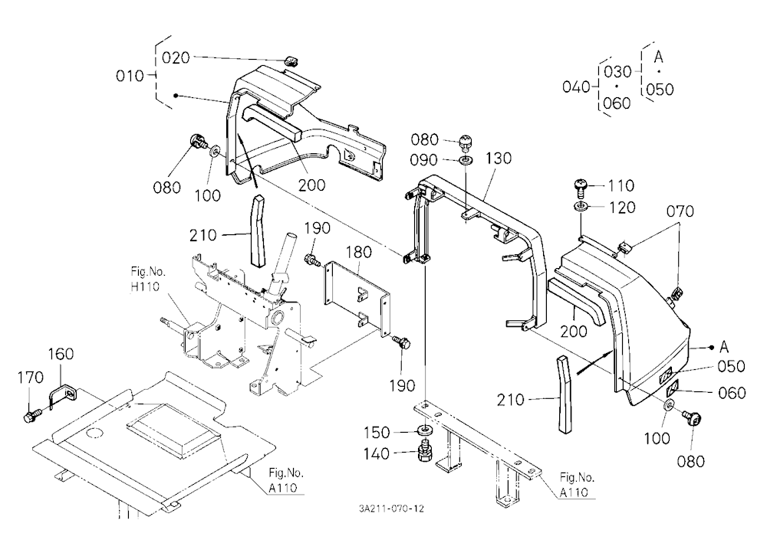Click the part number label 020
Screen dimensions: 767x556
pyautogui.click(x=176, y=57)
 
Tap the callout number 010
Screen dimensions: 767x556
pyautogui.click(x=130, y=76)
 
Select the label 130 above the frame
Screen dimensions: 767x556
pyautogui.click(x=499, y=159)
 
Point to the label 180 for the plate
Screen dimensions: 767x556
pyautogui.click(x=358, y=252)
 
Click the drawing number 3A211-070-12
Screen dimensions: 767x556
pyautogui.click(x=391, y=509)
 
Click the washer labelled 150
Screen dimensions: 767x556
pyautogui.click(x=423, y=431)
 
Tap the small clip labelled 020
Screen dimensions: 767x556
pyautogui.click(x=291, y=61)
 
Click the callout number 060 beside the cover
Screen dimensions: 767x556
pyautogui.click(x=732, y=393)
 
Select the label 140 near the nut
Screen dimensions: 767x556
pyautogui.click(x=376, y=454)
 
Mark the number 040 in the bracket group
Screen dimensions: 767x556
pyautogui.click(x=576, y=87)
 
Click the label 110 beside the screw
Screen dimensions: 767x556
pyautogui.click(x=621, y=185)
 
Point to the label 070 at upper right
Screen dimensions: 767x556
pyautogui.click(x=680, y=211)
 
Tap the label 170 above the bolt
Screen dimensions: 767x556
pyautogui.click(x=31, y=378)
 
